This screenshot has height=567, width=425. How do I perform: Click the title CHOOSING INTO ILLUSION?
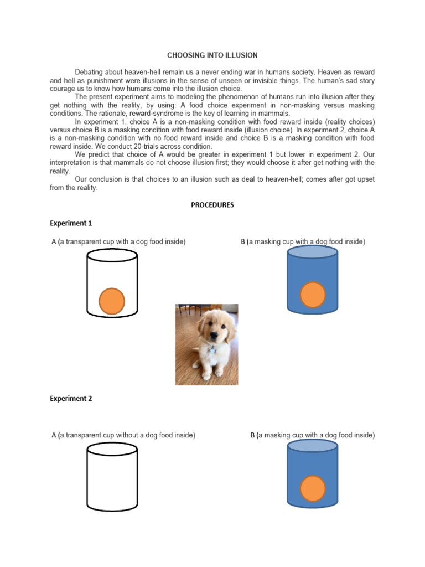pyautogui.click(x=212, y=55)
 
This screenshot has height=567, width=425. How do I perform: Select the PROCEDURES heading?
pyautogui.click(x=212, y=205)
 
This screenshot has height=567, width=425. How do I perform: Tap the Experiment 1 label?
pyautogui.click(x=71, y=223)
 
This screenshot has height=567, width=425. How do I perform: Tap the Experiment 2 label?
pyautogui.click(x=71, y=399)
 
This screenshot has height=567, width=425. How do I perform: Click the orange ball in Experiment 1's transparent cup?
pyautogui.click(x=112, y=301)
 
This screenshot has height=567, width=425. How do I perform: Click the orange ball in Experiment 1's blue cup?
pyautogui.click(x=313, y=295)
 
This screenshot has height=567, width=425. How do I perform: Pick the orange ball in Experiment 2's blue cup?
pyautogui.click(x=313, y=488)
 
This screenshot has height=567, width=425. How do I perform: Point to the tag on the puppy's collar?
pyautogui.click(x=211, y=350)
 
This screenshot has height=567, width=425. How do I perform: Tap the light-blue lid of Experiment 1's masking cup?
pyautogui.click(x=313, y=252)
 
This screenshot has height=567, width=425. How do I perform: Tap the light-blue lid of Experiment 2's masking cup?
pyautogui.click(x=313, y=446)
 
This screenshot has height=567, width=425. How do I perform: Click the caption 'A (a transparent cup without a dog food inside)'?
pyautogui.click(x=123, y=435)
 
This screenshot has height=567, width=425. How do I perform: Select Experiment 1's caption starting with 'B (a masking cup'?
pyautogui.click(x=303, y=241)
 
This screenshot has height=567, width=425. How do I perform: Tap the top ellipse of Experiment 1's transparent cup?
pyautogui.click(x=112, y=255)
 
